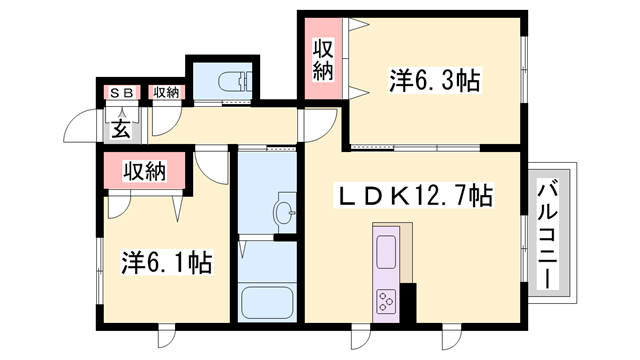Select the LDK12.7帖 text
(412, 196)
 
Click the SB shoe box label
(121, 93)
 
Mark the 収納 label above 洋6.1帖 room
(143, 171)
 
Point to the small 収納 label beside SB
(166, 93)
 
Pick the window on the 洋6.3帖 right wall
(523, 66)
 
